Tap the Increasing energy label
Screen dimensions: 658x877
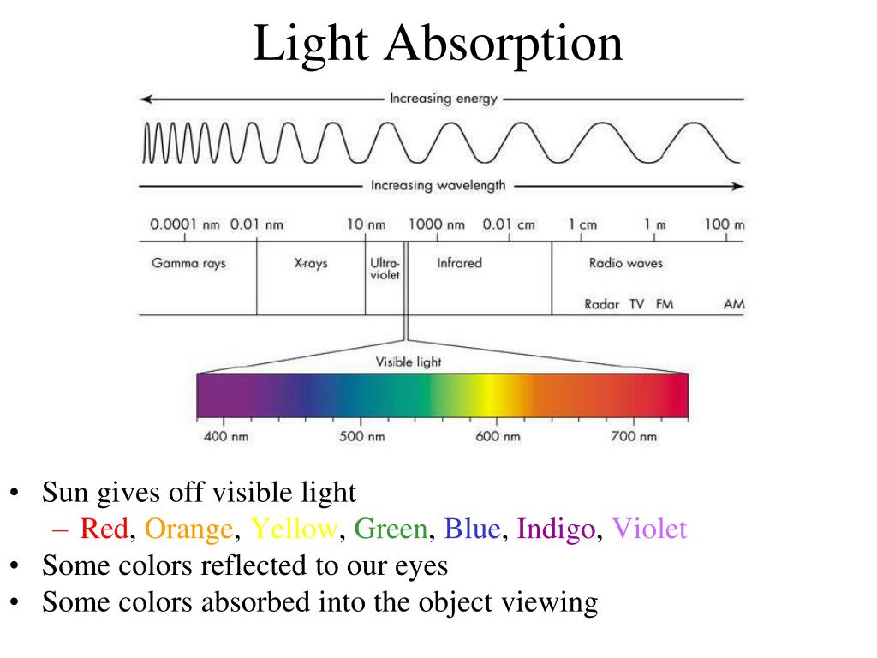coord(443,99)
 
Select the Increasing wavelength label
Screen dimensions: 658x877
coord(438,185)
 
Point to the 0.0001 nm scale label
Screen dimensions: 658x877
coord(185,225)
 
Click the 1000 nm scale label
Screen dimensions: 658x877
coord(436,225)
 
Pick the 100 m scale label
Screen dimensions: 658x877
coord(725,225)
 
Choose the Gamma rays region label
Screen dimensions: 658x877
coord(189,263)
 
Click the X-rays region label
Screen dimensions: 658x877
coord(311,263)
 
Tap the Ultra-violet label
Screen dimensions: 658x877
coord(385,269)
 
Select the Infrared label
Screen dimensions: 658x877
coord(459,263)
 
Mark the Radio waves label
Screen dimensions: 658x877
coord(626,263)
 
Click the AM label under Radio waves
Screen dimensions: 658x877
coord(734,304)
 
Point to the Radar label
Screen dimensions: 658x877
coord(602,304)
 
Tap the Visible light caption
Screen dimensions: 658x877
coord(409,362)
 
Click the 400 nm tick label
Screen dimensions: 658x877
coord(224,437)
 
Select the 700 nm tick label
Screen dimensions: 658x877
coord(635,437)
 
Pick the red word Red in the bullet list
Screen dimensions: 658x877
coord(104,529)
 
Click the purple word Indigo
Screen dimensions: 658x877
coord(556,529)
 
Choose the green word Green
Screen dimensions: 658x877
coord(391,529)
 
